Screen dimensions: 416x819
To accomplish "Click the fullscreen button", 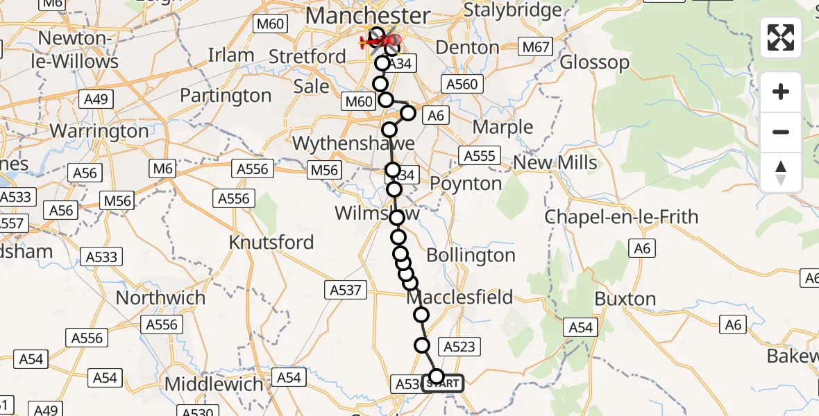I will click(781, 37).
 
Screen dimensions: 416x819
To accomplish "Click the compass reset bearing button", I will click(781, 172).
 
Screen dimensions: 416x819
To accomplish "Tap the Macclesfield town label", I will click(459, 297).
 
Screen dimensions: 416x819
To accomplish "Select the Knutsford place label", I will click(271, 243).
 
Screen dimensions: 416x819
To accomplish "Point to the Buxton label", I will click(625, 300).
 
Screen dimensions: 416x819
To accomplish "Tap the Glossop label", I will click(594, 62).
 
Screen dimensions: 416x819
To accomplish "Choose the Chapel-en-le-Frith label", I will click(621, 217).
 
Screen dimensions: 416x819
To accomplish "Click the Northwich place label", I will click(160, 298).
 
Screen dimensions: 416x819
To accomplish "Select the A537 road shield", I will click(346, 290).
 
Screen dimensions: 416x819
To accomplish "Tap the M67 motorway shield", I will click(536, 48).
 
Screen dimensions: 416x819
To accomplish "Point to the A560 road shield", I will click(462, 84).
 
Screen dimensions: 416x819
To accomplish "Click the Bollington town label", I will click(471, 255).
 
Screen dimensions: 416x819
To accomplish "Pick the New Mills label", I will click(555, 163).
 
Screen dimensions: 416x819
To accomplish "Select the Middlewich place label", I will click(214, 384).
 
